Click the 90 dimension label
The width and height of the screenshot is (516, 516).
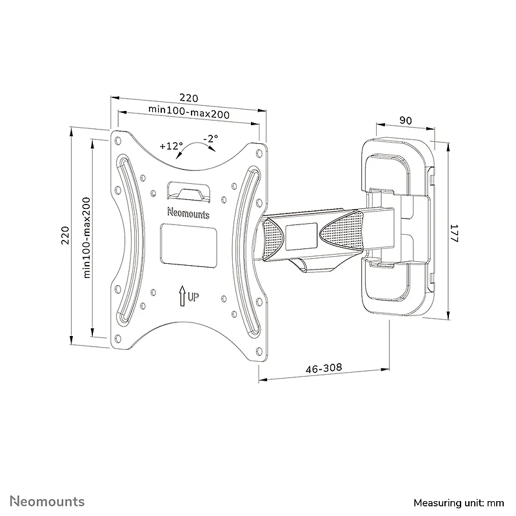[406, 121]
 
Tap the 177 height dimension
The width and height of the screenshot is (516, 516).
[454, 233]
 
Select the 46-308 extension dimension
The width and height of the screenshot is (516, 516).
[324, 368]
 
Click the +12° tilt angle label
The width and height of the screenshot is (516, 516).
[171, 146]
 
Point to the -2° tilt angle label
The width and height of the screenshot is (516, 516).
[211, 139]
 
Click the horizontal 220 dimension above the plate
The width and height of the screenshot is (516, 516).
[189, 98]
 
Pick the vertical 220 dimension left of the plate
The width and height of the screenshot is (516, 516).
[66, 235]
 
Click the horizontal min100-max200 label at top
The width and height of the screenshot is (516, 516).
[189, 111]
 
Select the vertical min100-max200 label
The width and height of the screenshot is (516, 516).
[86, 237]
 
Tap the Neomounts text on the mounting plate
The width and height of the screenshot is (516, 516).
[188, 213]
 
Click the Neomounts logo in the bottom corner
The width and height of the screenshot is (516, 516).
[47, 501]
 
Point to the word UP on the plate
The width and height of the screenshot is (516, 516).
[193, 297]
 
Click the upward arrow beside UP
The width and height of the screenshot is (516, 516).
[182, 296]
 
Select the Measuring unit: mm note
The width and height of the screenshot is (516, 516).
[459, 503]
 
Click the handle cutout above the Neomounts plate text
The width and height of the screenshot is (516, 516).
[188, 191]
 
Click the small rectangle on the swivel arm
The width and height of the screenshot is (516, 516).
[301, 236]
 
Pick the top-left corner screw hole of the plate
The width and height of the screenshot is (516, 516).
[118, 141]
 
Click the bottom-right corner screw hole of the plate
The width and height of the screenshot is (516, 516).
[259, 351]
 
